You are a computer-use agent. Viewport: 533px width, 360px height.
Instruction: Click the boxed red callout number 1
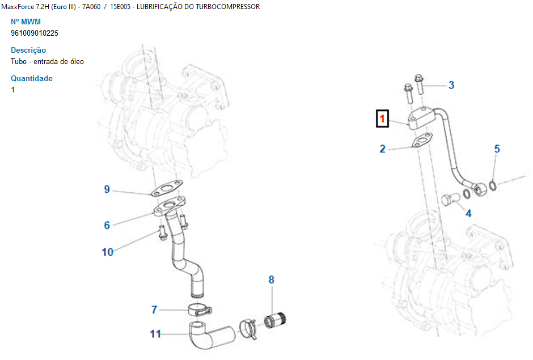pos(383,119)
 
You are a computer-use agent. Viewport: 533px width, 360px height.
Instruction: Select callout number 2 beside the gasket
pos(383,149)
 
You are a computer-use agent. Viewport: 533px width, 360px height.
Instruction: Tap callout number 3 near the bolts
pos(451,86)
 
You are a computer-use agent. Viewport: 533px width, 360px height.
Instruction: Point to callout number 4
pos(468,214)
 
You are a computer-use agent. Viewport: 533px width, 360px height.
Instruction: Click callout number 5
pos(497,149)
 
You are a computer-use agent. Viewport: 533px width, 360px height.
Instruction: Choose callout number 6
pos(107,225)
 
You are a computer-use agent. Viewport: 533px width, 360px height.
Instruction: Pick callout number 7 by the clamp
pos(154,310)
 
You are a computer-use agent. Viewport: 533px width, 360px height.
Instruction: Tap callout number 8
pos(272,279)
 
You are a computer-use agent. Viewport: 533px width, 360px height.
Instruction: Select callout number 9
pos(107,189)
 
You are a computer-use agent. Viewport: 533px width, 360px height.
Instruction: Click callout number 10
pos(108,252)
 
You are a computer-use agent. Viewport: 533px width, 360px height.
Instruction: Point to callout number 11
pos(155,334)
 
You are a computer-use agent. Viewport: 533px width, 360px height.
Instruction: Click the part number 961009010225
pos(35,33)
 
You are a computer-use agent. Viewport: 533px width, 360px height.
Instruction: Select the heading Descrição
pos(28,50)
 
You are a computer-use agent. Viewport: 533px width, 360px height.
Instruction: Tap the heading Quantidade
pos(32,78)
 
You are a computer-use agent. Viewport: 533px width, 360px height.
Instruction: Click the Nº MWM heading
pos(26,22)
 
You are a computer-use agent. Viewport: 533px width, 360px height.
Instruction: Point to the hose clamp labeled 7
pos(199,310)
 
